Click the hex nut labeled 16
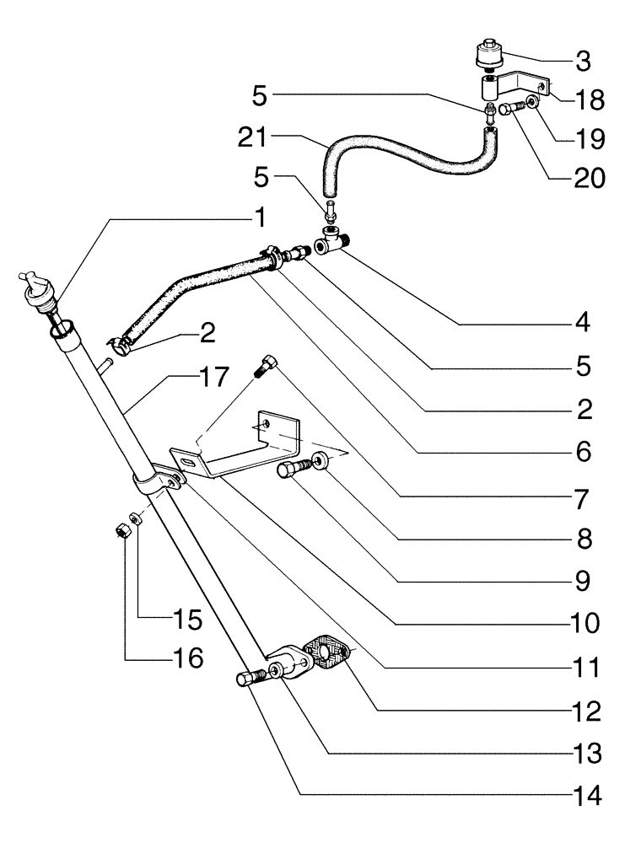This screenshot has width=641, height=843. pos(121,532)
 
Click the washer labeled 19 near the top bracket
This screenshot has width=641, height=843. pos(532,105)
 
